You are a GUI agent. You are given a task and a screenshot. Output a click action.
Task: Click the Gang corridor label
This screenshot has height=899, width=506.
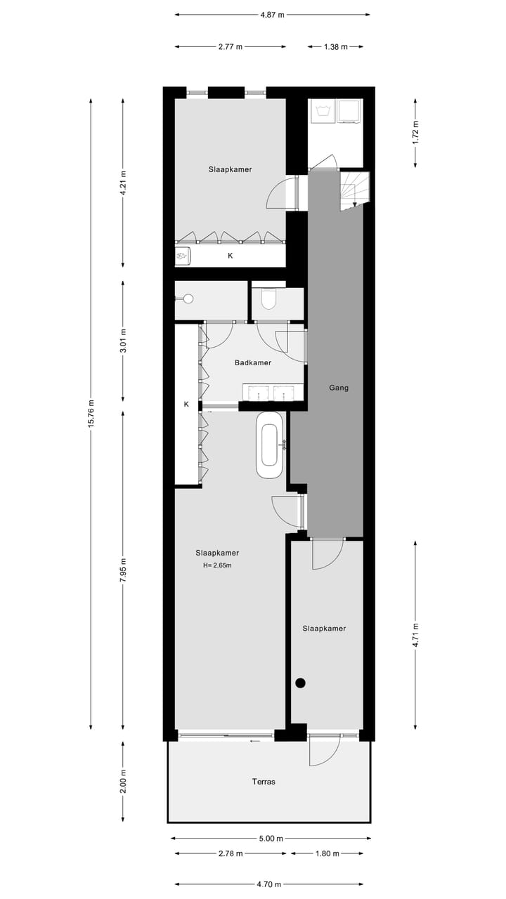click(x=338, y=388)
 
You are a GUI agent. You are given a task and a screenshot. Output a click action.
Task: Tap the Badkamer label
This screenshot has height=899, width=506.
click(x=252, y=363)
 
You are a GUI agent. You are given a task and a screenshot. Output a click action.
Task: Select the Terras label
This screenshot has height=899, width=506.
click(x=264, y=781)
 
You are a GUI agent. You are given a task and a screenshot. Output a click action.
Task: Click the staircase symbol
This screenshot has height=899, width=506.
click(x=353, y=190)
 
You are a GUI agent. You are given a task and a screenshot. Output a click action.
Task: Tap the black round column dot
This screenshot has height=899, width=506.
click(x=300, y=682)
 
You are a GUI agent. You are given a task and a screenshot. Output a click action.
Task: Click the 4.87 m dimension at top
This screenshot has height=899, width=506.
click(x=272, y=15)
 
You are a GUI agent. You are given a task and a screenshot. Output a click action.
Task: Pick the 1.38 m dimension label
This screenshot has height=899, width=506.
click(x=335, y=47)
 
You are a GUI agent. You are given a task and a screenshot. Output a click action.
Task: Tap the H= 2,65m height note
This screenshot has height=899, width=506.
click(x=217, y=565)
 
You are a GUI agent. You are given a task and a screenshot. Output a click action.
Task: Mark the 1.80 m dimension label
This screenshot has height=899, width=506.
click(x=327, y=853)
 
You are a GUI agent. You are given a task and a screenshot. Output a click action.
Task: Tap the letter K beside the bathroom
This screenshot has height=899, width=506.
click(x=186, y=405)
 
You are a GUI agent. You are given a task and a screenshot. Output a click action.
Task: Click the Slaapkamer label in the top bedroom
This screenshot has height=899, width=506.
click(x=230, y=169)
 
